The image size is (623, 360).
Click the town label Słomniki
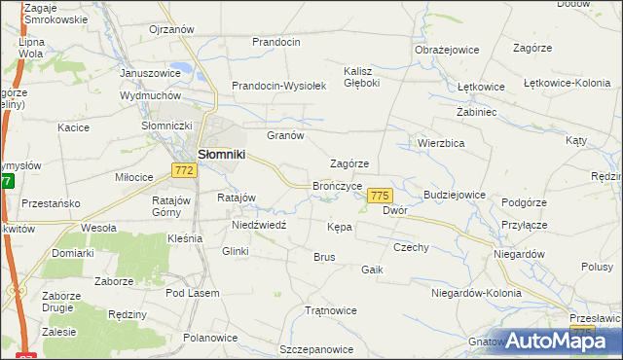click(221, 154)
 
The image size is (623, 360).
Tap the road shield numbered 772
click(185, 170)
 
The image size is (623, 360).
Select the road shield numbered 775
click(380, 196)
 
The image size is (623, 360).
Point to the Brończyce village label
click(338, 185)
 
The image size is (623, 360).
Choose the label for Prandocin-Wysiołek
click(278, 86)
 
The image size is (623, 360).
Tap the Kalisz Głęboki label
click(367, 77)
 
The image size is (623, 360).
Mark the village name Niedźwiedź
click(258, 224)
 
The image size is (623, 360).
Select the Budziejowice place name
click(448, 195)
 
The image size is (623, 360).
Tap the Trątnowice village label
click(331, 311)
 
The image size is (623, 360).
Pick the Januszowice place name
click(150, 73)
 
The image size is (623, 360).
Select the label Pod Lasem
click(193, 293)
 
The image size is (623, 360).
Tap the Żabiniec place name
click(477, 112)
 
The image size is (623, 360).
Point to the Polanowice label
click(211, 338)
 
